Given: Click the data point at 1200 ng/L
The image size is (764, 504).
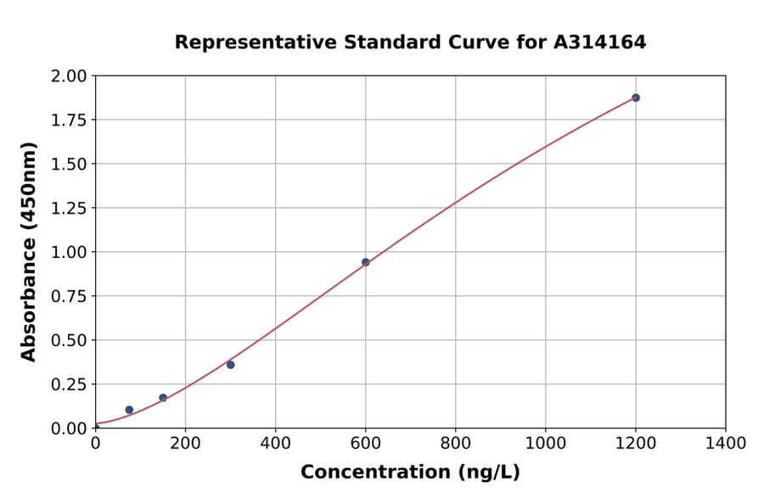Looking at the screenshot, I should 635,98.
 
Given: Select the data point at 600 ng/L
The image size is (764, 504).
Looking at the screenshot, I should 366,262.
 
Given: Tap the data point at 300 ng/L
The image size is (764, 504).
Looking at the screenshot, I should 231,365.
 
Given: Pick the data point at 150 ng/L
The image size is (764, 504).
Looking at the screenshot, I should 163,398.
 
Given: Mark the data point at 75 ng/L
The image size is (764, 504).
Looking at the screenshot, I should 129,410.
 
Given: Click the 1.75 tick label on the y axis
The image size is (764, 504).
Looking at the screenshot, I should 68,120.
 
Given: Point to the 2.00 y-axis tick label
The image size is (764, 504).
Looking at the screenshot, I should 68,76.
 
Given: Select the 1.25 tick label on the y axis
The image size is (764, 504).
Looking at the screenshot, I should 68,208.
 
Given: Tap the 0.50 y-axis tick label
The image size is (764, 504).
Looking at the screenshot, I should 68,340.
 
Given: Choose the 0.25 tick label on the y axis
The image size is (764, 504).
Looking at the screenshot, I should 68,384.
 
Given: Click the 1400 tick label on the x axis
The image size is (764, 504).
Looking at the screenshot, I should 726,443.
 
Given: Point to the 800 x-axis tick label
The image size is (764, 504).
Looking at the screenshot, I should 456,443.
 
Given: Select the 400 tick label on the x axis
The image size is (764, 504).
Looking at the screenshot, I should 275,443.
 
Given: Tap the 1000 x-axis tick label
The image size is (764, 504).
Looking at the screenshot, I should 546,443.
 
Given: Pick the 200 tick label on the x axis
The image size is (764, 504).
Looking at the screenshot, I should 185,443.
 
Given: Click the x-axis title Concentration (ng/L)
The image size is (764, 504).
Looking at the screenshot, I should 410,473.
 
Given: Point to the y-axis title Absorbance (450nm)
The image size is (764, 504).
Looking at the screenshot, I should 29,252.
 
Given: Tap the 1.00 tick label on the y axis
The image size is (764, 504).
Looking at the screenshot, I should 68,252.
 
